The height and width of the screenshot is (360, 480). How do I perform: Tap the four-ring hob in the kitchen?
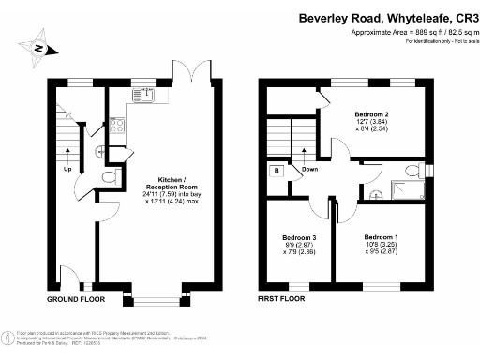point(118,124)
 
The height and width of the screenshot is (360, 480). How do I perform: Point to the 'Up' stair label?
point(67,170)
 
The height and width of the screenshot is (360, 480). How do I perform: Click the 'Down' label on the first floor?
point(310,170)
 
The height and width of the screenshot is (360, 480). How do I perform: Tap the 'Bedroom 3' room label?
point(298,237)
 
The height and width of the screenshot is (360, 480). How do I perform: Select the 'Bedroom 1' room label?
point(381,236)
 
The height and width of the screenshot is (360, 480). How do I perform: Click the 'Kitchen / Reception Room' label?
point(157,181)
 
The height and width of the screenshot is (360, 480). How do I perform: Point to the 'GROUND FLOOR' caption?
point(75,300)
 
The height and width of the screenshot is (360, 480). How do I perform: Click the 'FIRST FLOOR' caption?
point(282,300)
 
